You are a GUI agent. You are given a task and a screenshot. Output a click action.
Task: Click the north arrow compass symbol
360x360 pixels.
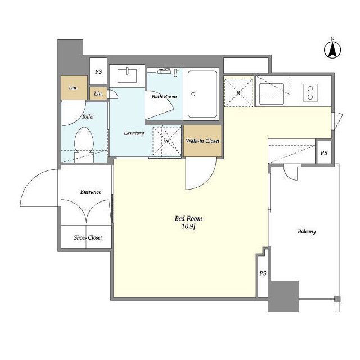332,50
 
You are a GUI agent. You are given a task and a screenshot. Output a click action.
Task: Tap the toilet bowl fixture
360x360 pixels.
84,145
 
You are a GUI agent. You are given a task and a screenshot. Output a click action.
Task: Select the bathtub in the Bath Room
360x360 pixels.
202,94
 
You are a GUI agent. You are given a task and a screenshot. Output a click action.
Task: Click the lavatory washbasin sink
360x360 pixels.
127,75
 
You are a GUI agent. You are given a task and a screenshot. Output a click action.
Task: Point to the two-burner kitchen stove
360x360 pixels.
310,93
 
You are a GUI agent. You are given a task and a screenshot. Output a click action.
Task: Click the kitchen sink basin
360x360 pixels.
272,94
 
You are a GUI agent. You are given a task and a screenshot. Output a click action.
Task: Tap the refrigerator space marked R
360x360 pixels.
238,92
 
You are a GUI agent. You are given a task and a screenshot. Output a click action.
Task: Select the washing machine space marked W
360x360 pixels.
166,141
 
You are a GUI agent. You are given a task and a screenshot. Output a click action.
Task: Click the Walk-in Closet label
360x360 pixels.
202,141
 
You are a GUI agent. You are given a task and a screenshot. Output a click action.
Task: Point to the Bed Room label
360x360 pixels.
188,218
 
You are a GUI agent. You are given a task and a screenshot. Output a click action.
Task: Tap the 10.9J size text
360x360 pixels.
188,227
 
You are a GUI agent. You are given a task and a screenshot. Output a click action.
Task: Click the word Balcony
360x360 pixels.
307,231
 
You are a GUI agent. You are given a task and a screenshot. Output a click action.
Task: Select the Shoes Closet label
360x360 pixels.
88,237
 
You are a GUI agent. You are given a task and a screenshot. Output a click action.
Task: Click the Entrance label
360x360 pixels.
91,192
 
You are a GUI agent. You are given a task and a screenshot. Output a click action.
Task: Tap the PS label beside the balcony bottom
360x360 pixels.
263,273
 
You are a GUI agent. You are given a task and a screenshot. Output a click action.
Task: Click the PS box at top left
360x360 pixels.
98,71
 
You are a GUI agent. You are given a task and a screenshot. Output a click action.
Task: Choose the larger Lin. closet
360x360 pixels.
74,88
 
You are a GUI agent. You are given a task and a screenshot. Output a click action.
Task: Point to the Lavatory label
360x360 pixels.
134,133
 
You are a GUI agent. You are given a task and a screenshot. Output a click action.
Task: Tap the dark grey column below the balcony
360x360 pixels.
283,296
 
